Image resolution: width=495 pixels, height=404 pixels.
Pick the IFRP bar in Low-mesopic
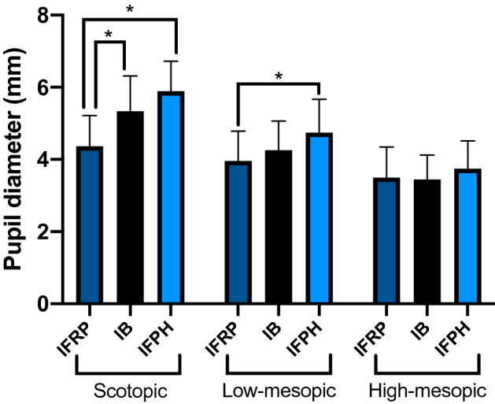coord(238,232)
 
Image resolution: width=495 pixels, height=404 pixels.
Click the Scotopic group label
coord(129,390)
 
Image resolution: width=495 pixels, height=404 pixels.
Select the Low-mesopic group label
coord(278,390)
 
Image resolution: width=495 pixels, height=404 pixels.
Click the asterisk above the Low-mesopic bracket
coord(278,76)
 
